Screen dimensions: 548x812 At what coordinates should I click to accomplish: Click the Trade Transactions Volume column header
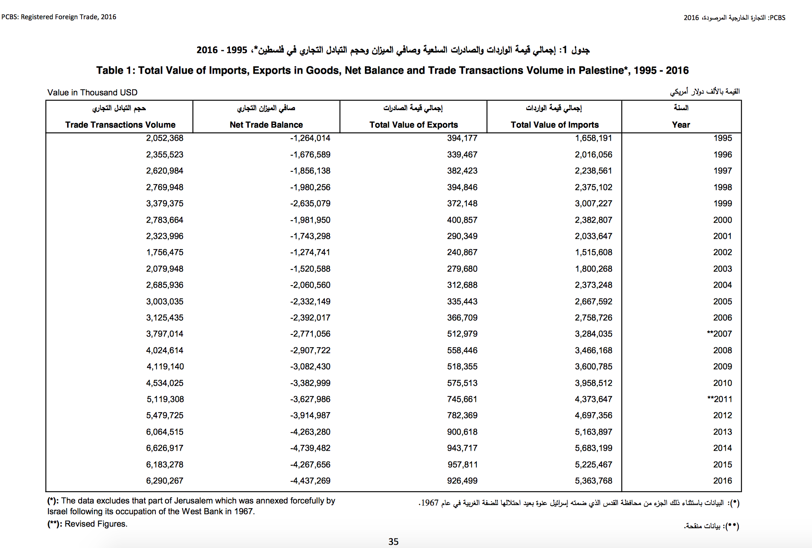tap(120, 125)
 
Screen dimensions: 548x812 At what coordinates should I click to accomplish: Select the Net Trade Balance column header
tap(266, 125)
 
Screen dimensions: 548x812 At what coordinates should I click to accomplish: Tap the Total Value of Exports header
tap(413, 125)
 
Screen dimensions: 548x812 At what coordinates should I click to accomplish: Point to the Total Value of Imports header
tap(554, 125)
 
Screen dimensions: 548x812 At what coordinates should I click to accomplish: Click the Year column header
tap(681, 125)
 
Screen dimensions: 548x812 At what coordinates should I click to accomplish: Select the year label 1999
tap(723, 203)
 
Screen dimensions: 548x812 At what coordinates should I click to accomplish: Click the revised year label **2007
tap(720, 334)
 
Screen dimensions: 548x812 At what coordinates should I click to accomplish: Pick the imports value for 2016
tap(593, 481)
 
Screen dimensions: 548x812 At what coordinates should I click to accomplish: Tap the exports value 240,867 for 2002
tap(462, 252)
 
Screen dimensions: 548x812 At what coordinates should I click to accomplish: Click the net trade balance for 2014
tap(310, 448)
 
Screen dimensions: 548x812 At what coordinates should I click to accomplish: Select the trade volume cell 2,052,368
tap(164, 138)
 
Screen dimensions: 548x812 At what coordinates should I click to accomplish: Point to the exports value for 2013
tap(462, 432)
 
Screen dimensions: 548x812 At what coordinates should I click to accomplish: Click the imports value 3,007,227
tap(593, 203)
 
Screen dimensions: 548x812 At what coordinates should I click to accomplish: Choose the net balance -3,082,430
tap(310, 366)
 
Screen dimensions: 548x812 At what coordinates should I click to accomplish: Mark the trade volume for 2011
tap(165, 399)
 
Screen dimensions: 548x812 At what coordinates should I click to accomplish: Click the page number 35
tap(393, 541)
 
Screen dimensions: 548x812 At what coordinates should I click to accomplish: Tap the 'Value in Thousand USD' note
tap(92, 92)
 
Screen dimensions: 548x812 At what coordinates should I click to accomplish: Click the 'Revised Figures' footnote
tap(96, 524)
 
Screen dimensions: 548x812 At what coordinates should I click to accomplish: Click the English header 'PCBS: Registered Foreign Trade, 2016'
tap(59, 17)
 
